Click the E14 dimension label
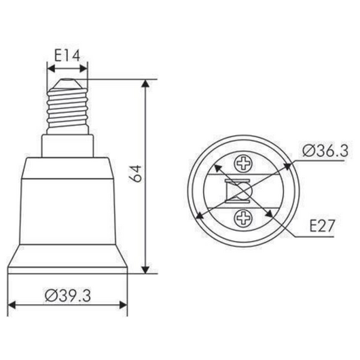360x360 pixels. (68, 54)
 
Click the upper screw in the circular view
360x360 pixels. (242, 163)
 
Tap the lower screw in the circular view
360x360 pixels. (242, 219)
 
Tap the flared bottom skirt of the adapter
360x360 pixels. (68, 259)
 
